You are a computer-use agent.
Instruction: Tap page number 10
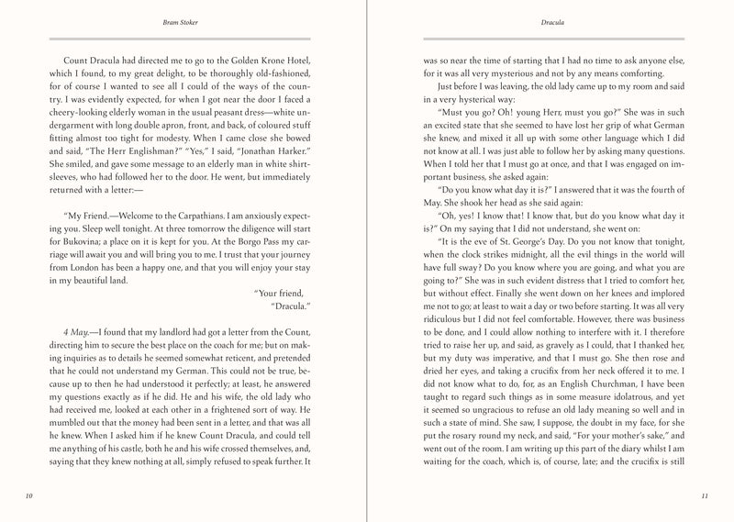(x=30, y=496)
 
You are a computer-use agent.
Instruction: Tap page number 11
(x=704, y=496)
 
